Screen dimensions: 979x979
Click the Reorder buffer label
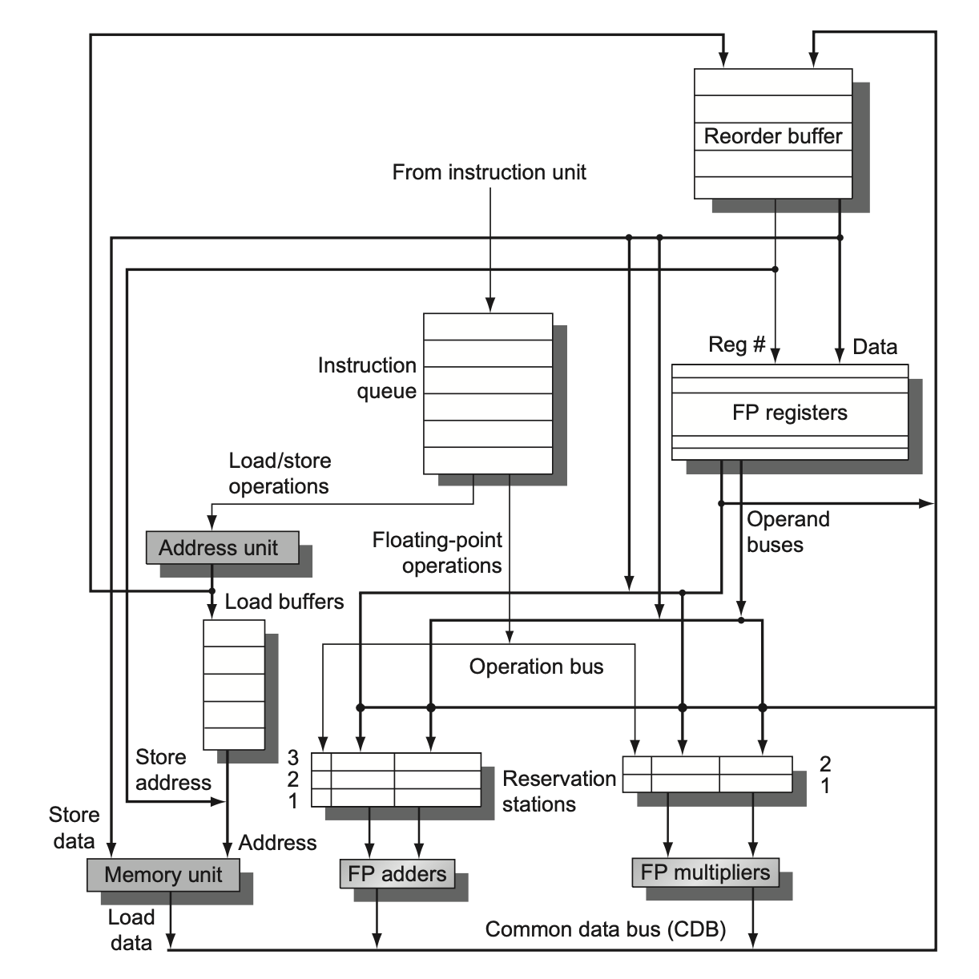coord(772,136)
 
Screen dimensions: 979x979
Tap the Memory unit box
coord(163,875)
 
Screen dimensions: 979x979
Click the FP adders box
coord(397,873)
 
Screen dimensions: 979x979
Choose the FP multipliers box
coord(705,872)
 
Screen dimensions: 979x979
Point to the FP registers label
coord(789,413)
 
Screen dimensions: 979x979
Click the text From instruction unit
coord(489,172)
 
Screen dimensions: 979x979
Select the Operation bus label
coord(536,667)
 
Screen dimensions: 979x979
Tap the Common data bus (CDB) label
coord(606,929)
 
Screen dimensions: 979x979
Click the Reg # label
coord(737,345)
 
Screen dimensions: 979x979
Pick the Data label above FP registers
coord(875,347)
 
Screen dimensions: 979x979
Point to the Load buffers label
coord(284,602)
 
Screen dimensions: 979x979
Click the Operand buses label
coord(787,532)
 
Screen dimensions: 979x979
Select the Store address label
coord(172,770)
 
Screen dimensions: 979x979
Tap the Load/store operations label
coord(279,473)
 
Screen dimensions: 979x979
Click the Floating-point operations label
coord(437,553)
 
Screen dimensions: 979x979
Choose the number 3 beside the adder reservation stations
coord(293,758)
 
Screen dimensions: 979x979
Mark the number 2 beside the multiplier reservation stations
coord(825,763)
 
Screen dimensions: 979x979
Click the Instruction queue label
coord(368,378)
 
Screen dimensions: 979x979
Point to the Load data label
coord(131,930)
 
